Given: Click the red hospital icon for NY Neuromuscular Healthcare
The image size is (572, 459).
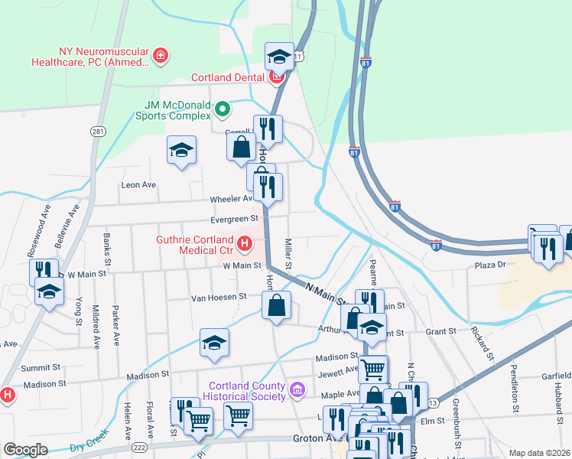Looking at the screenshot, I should pos(160,54).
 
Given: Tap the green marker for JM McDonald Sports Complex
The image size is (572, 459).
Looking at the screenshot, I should pos(223,109).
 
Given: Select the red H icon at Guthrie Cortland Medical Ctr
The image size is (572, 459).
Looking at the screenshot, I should pos(245,244).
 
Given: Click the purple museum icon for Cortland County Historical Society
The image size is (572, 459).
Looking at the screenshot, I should pos(297,390).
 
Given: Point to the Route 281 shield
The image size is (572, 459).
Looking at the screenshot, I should pos(97,132).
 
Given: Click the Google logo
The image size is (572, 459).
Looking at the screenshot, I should pos(25,450).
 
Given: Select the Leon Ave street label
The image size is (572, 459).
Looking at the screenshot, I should pos(138,184).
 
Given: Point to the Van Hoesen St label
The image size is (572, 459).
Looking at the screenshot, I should pos(219,296).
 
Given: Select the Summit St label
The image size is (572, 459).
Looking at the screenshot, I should pos(41,368).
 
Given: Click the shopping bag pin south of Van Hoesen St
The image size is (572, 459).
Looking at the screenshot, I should pos(277,306).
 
